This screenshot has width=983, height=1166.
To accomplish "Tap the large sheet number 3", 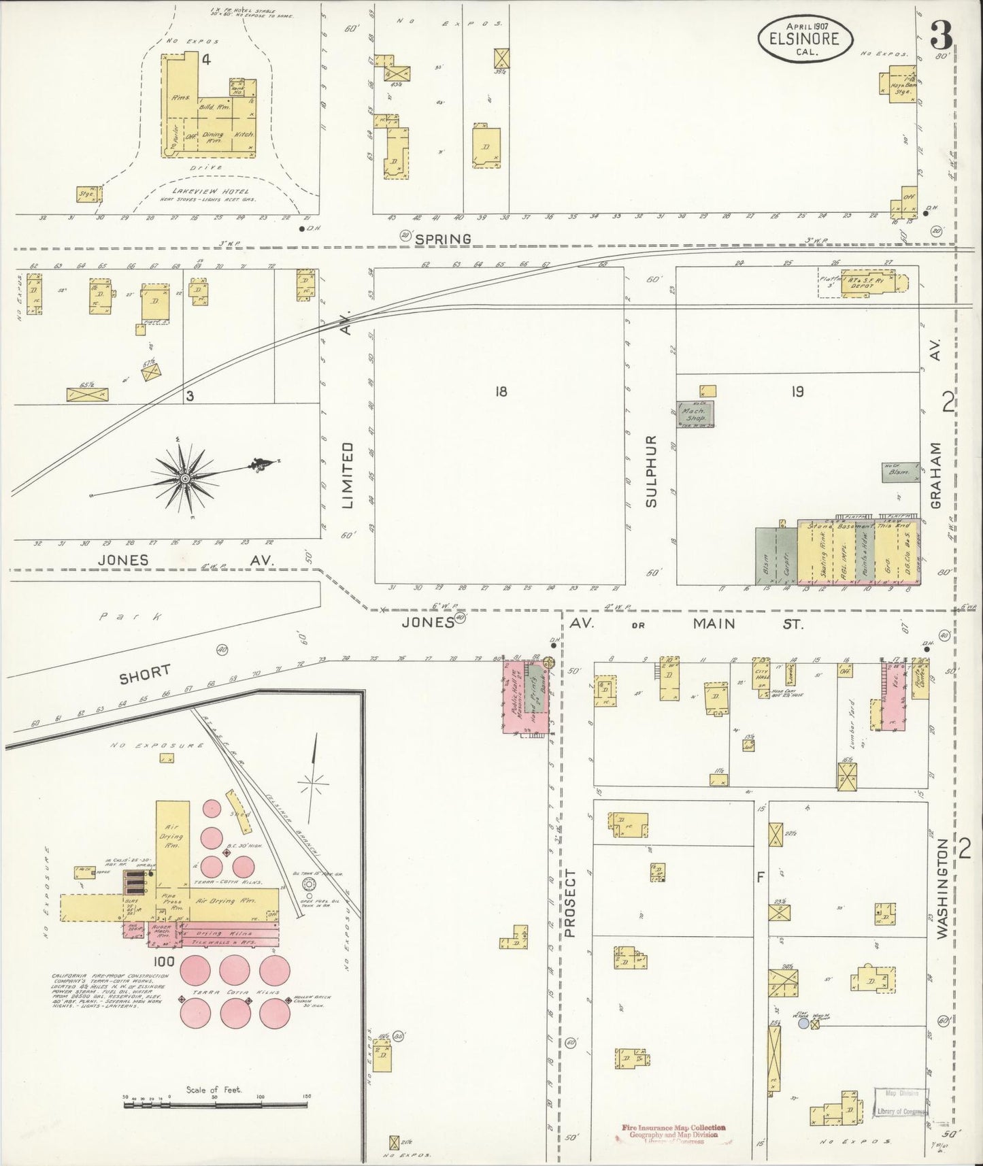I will click(x=941, y=33).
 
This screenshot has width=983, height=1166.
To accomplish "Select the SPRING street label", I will click(x=444, y=239).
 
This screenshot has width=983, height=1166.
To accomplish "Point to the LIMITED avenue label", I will click(x=347, y=474).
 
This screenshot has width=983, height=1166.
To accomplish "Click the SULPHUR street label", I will click(x=651, y=470).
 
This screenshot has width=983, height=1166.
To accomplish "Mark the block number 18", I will click(x=501, y=391).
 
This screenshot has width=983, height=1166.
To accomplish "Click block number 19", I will click(x=797, y=391).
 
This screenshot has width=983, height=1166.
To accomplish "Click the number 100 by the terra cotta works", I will click(x=164, y=961).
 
